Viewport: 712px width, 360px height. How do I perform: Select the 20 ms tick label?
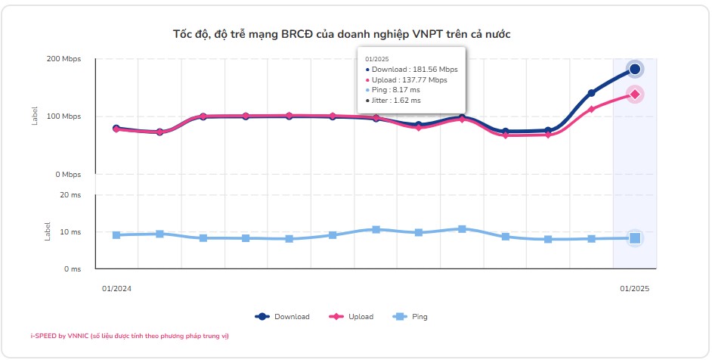(70, 195)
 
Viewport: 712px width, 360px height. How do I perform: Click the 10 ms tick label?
(70, 232)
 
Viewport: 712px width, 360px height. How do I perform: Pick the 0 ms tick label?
(73, 268)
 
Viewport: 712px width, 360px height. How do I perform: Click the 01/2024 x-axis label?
(116, 289)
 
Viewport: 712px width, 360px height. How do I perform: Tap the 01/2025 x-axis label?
(635, 289)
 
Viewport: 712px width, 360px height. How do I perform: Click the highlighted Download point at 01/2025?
(635, 69)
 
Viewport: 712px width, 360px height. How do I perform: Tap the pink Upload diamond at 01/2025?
(635, 95)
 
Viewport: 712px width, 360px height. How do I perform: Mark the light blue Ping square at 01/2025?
(635, 238)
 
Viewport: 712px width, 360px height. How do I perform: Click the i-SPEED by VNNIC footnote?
(129, 335)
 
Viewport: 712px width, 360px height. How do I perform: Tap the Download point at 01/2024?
(116, 129)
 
